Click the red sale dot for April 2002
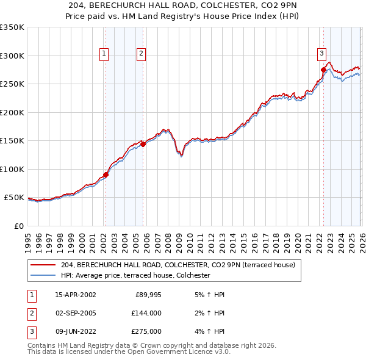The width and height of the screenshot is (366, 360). click(x=106, y=175)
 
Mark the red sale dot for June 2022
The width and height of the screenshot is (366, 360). click(x=323, y=70)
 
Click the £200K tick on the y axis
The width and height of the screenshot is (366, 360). click(x=12, y=112)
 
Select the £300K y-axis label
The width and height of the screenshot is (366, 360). click(x=12, y=56)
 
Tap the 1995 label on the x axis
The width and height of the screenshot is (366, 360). click(x=28, y=238)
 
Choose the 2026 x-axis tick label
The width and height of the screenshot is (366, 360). click(x=361, y=238)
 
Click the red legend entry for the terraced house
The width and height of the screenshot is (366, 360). click(x=178, y=265)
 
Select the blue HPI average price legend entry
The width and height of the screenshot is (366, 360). click(x=135, y=276)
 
